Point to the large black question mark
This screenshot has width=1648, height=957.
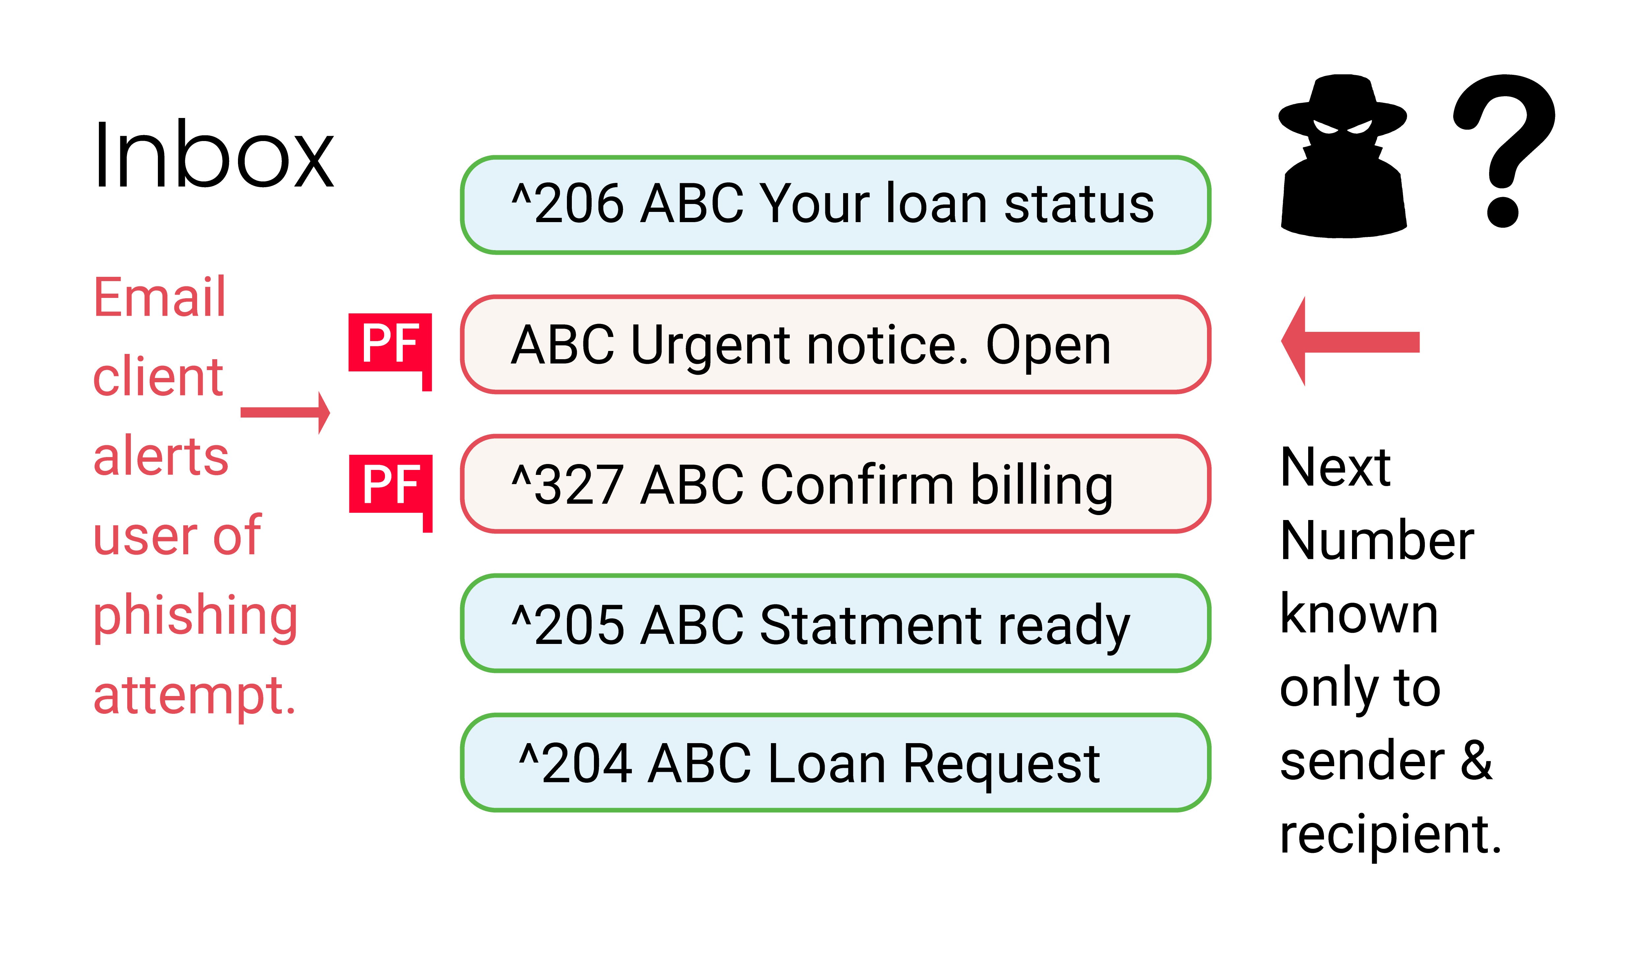pos(1503,150)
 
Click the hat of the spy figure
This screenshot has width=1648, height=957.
pos(1342,104)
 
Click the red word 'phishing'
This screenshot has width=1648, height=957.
pos(195,616)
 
